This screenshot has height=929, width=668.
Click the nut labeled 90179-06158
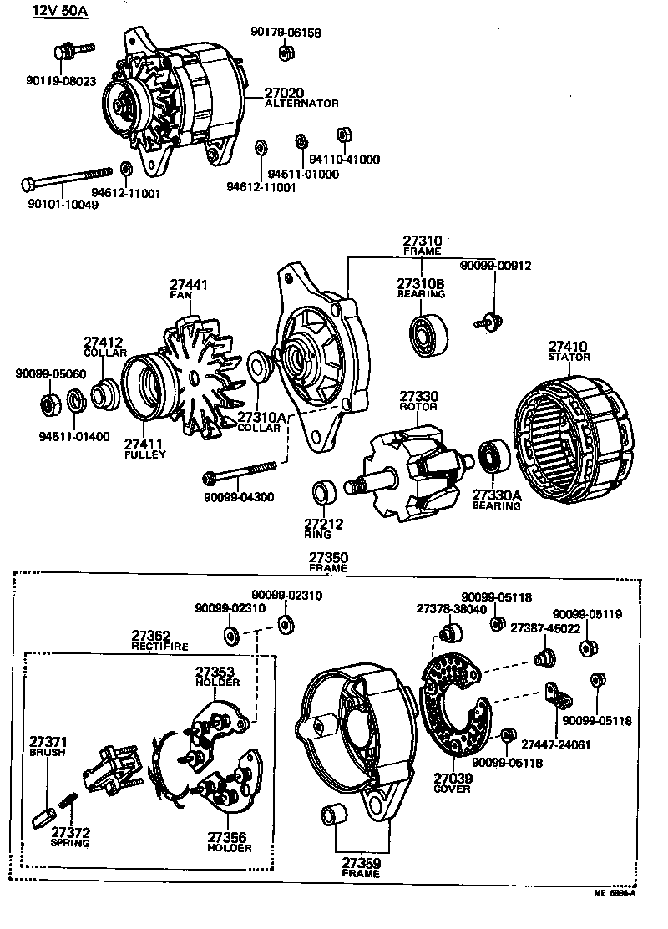(284, 53)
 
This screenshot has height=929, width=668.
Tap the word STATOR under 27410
(569, 358)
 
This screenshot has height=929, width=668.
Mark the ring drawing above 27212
(323, 494)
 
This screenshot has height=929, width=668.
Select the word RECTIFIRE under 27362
(160, 647)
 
